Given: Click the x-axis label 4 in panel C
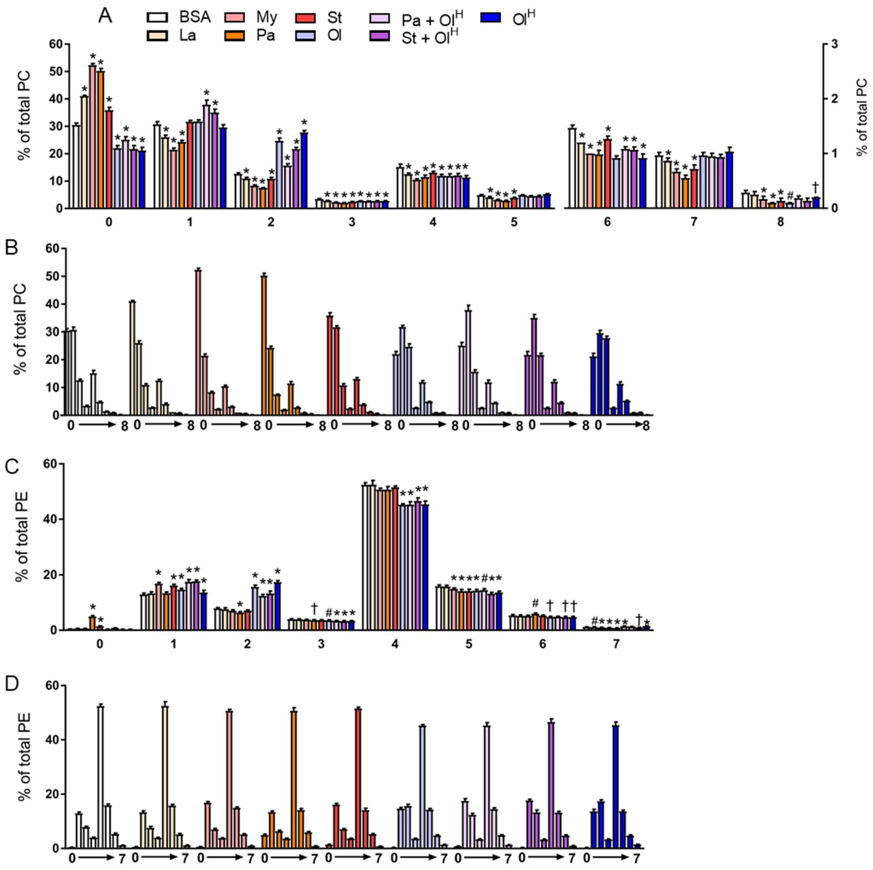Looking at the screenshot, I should coord(395,644).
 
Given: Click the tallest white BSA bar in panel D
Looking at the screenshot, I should coord(100,777).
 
